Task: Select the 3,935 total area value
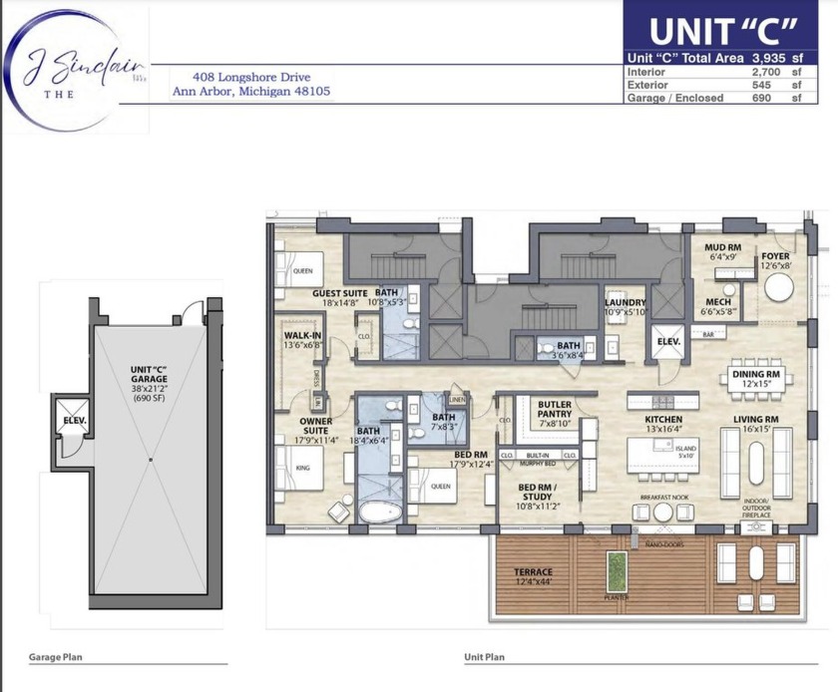(x=768, y=58)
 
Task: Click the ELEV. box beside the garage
(x=74, y=421)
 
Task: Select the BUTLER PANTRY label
(x=554, y=410)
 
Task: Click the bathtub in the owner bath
(x=380, y=514)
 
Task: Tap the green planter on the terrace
(x=616, y=567)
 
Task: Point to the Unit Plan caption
(x=485, y=658)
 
